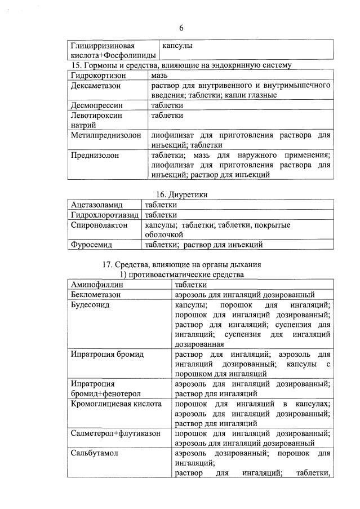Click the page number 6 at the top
click(181, 28)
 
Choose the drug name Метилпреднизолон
click(106, 135)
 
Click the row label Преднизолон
click(95, 155)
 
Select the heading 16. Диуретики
click(181, 194)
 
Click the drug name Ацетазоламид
click(97, 205)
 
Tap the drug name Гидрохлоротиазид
click(104, 215)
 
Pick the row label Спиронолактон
click(99, 225)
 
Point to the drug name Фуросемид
click(92, 245)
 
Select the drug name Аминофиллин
click(97, 285)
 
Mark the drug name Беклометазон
click(97, 294)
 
